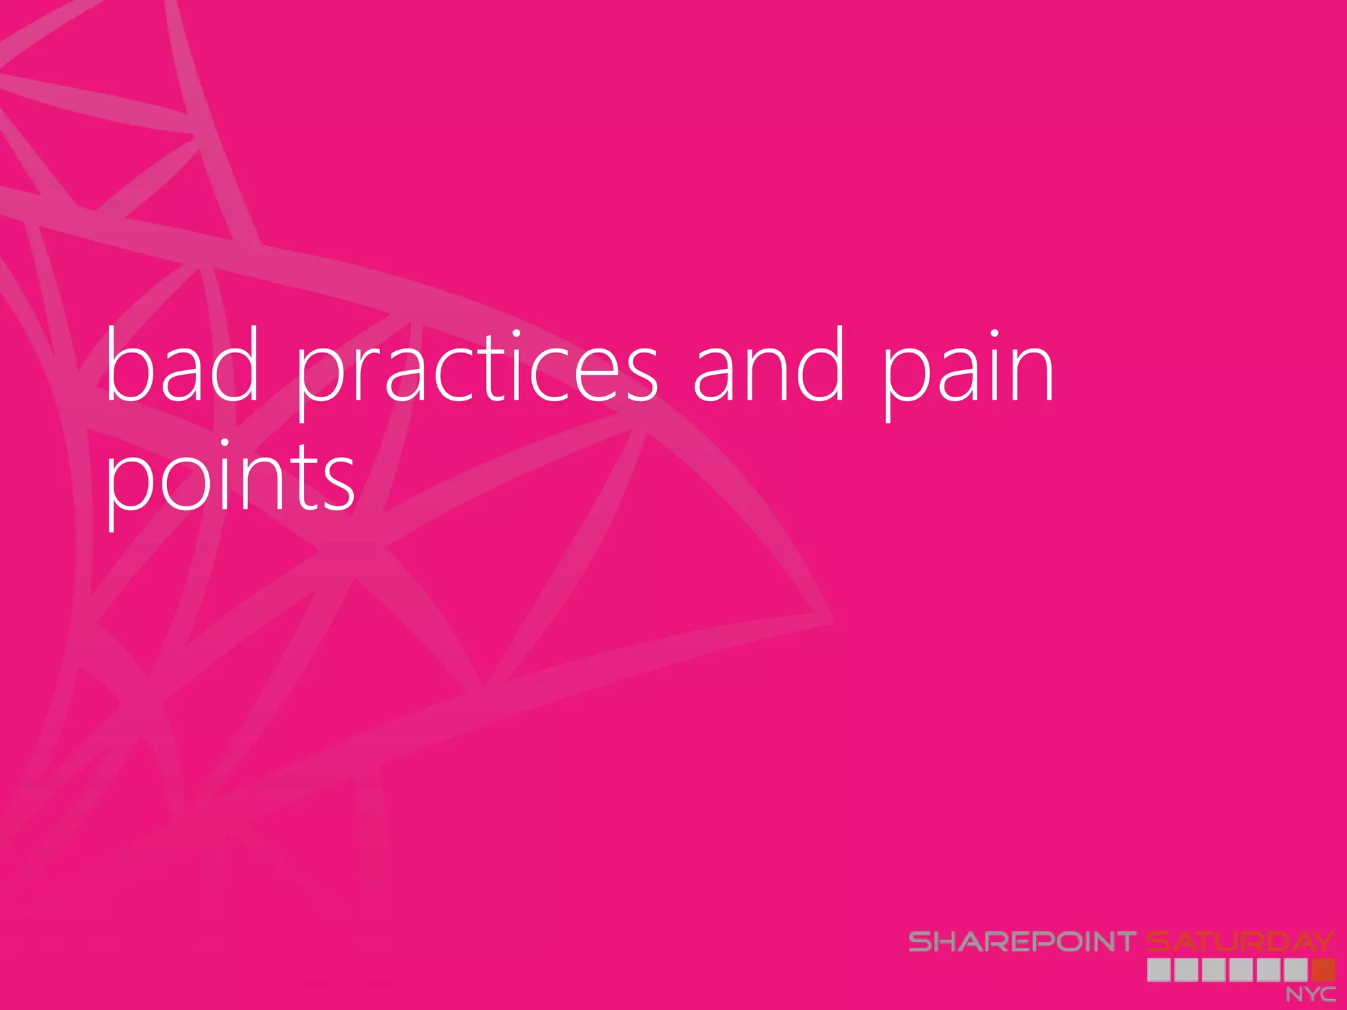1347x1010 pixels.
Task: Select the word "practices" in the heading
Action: click(477, 372)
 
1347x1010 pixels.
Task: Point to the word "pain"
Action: click(967, 372)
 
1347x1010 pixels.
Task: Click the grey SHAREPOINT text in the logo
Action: click(1022, 942)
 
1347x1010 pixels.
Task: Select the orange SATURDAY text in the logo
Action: click(1240, 942)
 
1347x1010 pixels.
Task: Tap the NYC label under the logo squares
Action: click(1310, 994)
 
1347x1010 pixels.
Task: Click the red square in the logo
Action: click(1323, 970)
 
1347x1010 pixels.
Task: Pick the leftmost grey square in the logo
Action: click(1159, 970)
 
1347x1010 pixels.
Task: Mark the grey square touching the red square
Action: click(1296, 970)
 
